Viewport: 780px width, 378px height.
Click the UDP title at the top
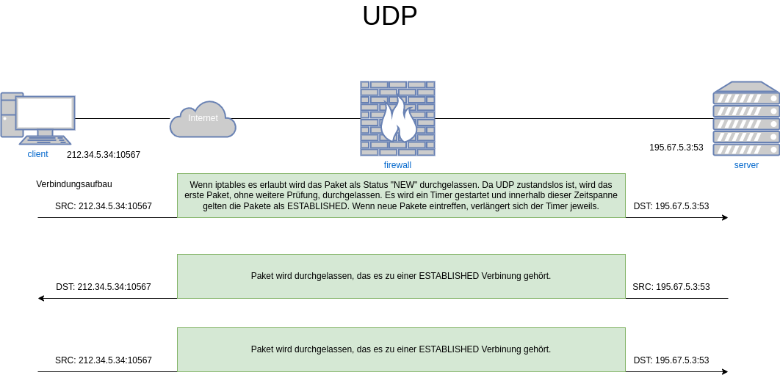click(389, 16)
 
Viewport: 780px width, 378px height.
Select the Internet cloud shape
click(203, 120)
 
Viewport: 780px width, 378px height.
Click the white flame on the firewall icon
click(399, 120)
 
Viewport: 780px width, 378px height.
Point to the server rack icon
click(746, 118)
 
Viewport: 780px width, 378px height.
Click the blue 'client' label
click(37, 154)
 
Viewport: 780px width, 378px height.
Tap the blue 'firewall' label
click(397, 165)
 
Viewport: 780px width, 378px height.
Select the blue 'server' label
click(746, 165)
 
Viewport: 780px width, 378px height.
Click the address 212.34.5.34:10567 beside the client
click(104, 155)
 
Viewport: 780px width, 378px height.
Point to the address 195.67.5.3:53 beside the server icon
click(676, 148)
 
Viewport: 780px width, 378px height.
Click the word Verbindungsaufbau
click(74, 184)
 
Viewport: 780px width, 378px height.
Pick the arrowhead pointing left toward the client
click(41, 299)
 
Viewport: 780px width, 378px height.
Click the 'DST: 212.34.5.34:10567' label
click(104, 287)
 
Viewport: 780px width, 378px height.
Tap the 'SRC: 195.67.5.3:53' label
click(671, 287)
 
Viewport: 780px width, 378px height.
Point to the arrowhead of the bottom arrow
click(725, 371)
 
